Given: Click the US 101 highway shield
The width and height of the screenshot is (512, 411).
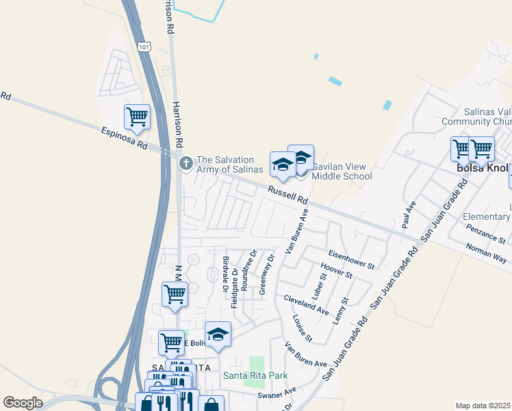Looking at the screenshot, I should coord(143,46).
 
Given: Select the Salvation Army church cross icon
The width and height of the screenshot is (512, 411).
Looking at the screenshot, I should coord(185,163).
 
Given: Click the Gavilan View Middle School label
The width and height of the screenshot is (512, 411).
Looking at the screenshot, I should coord(342,171).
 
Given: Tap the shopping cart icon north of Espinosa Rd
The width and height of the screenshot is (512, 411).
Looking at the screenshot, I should coord(138,117).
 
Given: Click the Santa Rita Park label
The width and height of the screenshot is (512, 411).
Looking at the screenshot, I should coord(255,375).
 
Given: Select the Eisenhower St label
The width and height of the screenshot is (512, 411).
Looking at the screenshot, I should coord(351,259).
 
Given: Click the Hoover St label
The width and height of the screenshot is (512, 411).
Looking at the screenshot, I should coord(336,270).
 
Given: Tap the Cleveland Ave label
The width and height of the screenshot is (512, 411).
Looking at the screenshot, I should coord(306,305).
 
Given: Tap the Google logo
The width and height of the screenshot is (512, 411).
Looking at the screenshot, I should coord(23,403).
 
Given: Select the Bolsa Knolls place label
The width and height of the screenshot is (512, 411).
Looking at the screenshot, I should coord(483,168).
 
